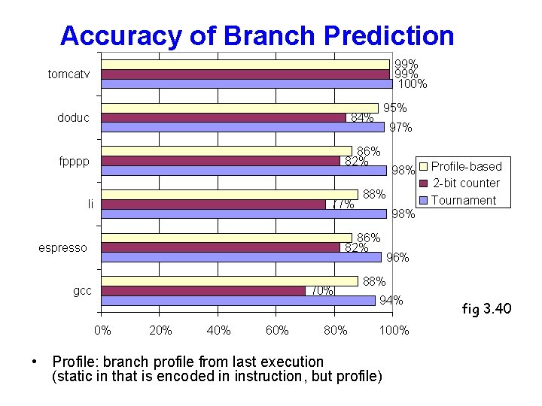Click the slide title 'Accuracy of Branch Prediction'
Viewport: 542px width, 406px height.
(x=257, y=35)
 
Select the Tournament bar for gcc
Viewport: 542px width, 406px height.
(x=238, y=301)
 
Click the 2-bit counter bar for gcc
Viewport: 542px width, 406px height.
(x=203, y=291)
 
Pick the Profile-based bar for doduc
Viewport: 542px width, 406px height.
(x=239, y=108)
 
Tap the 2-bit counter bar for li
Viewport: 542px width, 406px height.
(x=214, y=205)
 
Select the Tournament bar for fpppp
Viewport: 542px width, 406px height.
(x=244, y=171)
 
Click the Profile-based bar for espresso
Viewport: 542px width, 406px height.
(x=227, y=238)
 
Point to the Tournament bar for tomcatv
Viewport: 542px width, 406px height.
(x=247, y=83)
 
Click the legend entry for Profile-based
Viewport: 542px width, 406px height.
(x=464, y=166)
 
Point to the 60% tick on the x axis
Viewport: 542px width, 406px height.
(x=277, y=330)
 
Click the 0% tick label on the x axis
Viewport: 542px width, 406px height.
(x=102, y=330)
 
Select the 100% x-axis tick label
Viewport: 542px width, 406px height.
(x=394, y=330)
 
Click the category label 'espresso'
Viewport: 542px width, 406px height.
(x=63, y=248)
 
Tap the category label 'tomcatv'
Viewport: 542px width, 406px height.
(x=69, y=74)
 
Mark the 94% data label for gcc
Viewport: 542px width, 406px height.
(x=391, y=301)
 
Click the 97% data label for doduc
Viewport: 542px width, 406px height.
(x=400, y=128)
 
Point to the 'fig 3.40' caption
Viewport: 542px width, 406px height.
(x=486, y=307)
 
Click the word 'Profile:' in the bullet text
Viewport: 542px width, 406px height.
(x=75, y=362)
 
